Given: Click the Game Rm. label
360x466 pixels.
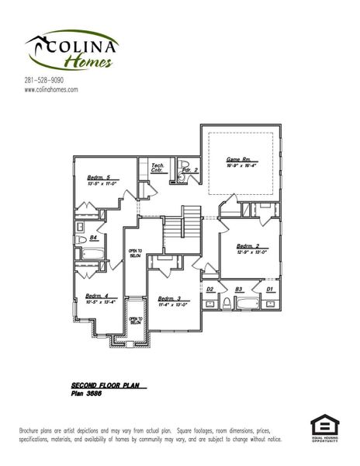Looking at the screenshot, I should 237,158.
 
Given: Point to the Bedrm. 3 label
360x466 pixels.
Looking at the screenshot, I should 168,298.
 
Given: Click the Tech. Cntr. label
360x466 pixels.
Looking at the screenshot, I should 157,168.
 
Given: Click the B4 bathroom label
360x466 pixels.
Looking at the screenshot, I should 93,238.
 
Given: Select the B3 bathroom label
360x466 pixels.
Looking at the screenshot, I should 239,289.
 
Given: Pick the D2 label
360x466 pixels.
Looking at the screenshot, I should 209,289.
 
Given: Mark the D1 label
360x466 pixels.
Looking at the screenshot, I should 269,289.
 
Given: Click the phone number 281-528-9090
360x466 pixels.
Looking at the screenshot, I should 43,80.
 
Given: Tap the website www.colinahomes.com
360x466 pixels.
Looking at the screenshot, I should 51,90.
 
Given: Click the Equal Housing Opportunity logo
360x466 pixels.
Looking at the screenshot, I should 325,428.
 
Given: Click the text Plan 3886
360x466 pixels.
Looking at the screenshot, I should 87,394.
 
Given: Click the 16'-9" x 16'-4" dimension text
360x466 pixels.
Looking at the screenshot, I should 241,165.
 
